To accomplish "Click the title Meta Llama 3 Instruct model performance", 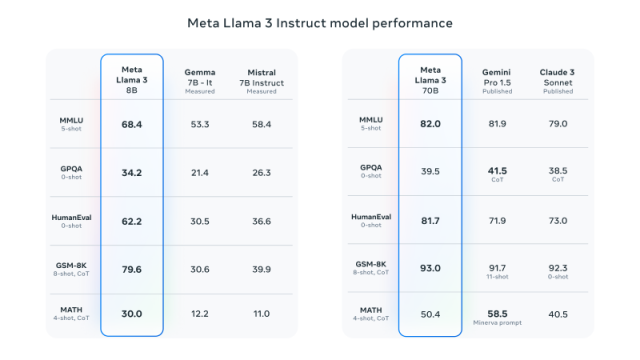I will tap(320, 22).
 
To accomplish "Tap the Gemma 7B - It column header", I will tap(199, 77).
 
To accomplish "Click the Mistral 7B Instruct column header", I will tap(261, 77).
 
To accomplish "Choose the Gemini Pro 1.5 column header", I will tap(497, 77).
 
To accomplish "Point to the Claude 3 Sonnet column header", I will tap(558, 77).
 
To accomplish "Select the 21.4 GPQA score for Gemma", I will tap(199, 172).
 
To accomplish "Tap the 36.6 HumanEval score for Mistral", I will tap(261, 220).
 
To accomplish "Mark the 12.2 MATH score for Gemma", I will tap(199, 314).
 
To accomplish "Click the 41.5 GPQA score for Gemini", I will tap(497, 170).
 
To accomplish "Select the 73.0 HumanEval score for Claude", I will tap(558, 220).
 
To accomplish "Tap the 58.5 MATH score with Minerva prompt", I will tap(497, 313).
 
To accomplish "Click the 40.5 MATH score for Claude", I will tap(558, 314).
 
